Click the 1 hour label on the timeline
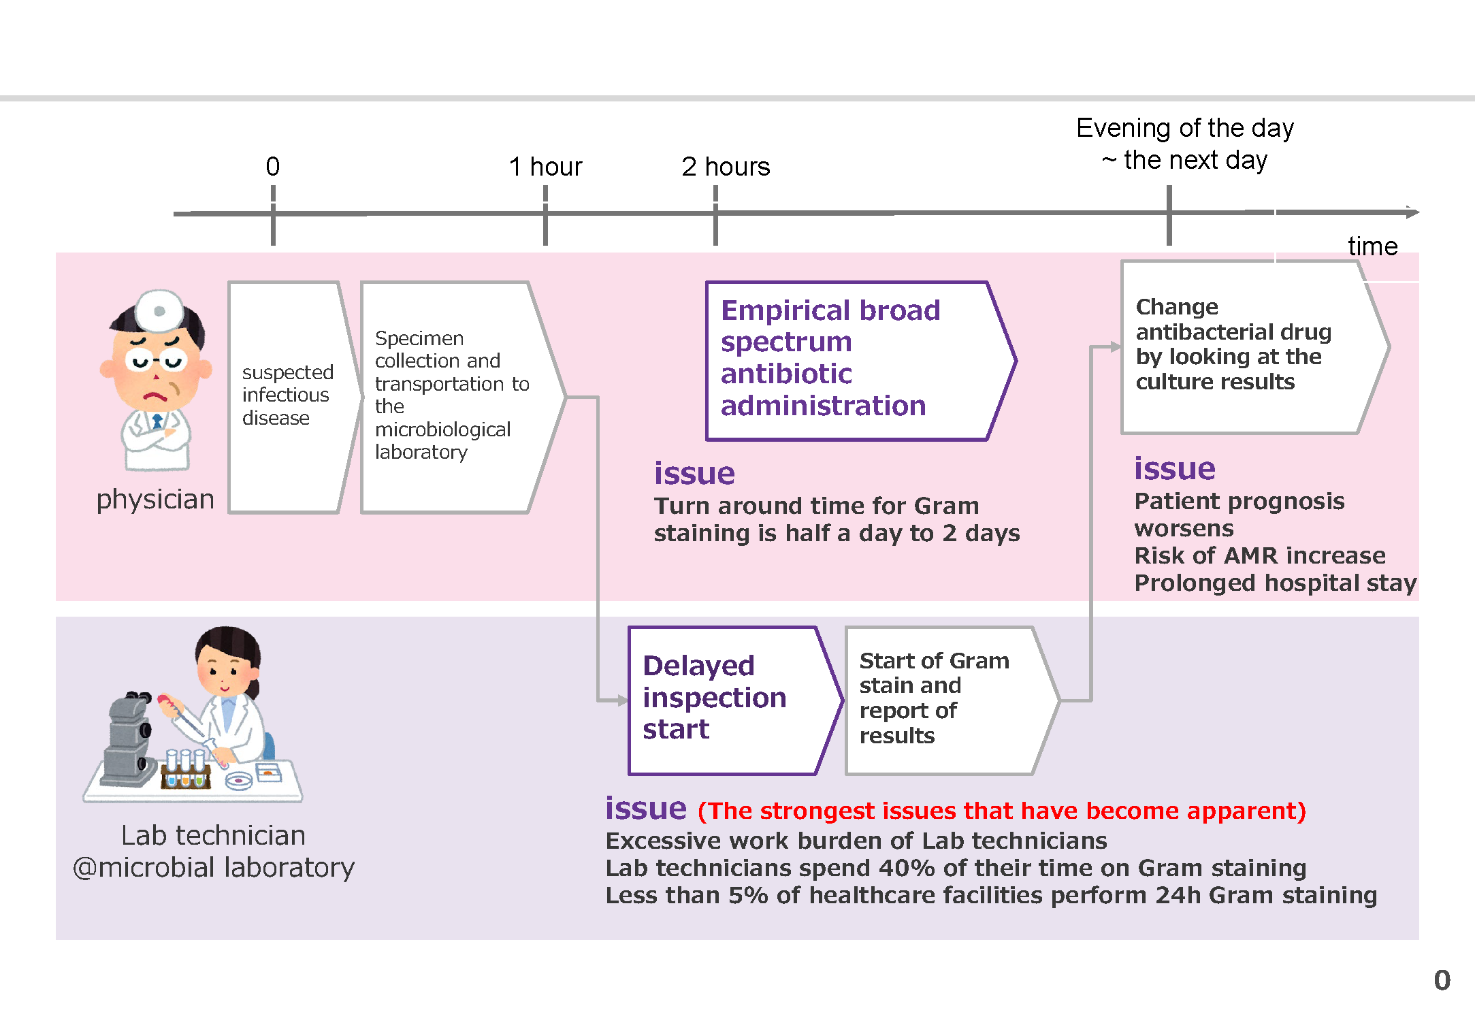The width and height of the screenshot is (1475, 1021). click(x=545, y=167)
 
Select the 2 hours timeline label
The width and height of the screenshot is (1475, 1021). click(x=726, y=167)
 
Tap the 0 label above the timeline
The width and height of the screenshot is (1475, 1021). click(x=272, y=166)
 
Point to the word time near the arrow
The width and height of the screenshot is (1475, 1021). click(x=1372, y=246)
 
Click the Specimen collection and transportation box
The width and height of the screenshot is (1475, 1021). click(x=463, y=397)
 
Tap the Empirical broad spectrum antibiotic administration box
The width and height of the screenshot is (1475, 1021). click(x=861, y=361)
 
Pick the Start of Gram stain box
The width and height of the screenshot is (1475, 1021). click(x=952, y=700)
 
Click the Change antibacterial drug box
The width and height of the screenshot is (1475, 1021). click(x=1255, y=347)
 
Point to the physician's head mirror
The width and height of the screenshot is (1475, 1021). click(x=160, y=311)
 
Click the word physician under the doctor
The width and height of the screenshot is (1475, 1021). click(x=155, y=500)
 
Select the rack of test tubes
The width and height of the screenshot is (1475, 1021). click(x=185, y=769)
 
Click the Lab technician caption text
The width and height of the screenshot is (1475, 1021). click(x=214, y=852)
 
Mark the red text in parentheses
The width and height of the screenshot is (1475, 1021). click(x=1002, y=811)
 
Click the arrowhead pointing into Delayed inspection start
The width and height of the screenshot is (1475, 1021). click(x=622, y=700)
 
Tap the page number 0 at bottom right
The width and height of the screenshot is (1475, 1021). click(x=1442, y=980)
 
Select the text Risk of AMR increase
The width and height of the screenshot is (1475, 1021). click(x=1260, y=555)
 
